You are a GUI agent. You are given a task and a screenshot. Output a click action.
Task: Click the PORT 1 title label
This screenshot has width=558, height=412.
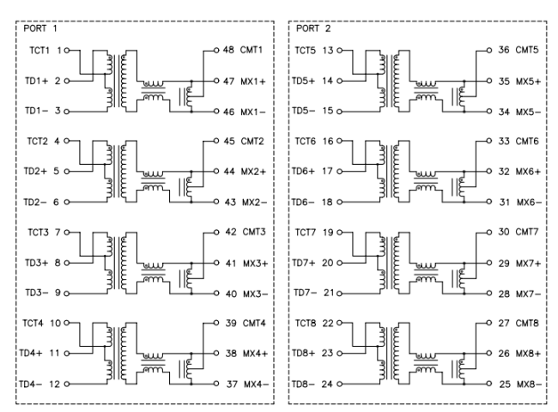coord(39,28)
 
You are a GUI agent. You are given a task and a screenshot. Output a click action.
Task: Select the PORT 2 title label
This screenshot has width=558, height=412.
coord(312,28)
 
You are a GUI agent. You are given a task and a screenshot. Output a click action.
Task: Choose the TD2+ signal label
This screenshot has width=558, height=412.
coord(34,171)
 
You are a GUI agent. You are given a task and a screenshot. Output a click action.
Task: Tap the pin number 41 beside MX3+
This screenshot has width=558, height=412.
coord(227,262)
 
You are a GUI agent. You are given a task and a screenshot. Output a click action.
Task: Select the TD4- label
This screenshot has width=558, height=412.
coord(33,383)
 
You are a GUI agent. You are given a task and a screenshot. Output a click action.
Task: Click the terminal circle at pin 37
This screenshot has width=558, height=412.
coord(215,383)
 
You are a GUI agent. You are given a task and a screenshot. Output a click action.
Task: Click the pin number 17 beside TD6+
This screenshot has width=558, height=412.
coord(328,171)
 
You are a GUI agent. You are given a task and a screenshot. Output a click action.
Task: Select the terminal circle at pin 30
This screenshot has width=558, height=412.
coord(488,232)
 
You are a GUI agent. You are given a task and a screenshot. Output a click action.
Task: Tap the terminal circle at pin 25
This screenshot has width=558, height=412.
coord(488,383)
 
